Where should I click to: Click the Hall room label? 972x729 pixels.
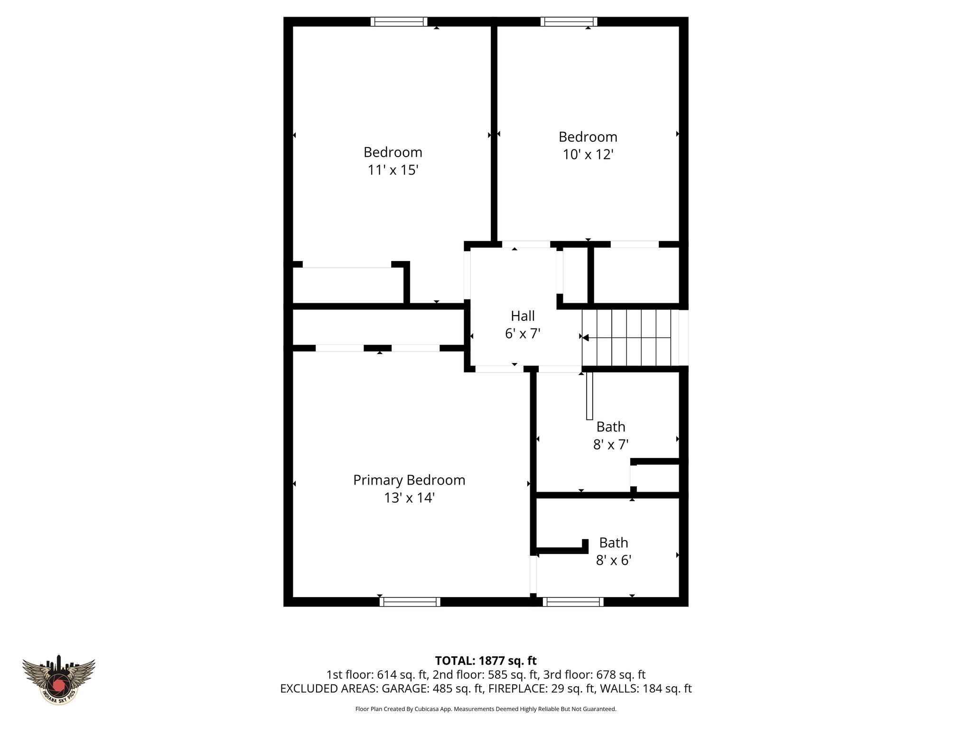click(x=523, y=316)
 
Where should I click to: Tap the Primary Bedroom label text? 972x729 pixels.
click(x=409, y=480)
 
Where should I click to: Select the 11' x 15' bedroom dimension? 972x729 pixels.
click(x=393, y=170)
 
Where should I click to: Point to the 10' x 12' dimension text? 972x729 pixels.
click(x=588, y=155)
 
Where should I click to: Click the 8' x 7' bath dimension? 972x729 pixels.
click(x=611, y=445)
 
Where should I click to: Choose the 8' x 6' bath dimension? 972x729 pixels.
click(x=613, y=561)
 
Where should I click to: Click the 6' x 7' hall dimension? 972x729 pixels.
click(x=523, y=334)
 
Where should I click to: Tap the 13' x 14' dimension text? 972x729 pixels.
click(x=409, y=498)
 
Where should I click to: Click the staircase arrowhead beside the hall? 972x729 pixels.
click(x=586, y=338)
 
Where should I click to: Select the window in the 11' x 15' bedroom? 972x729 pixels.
click(x=399, y=22)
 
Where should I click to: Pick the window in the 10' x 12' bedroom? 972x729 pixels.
click(x=569, y=22)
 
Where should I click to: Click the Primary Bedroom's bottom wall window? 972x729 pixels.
click(x=410, y=602)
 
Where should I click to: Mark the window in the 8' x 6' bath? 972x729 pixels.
click(x=573, y=602)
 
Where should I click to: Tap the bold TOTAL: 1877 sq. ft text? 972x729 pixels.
click(x=486, y=661)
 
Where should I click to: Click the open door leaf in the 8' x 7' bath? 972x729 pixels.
click(x=589, y=395)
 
